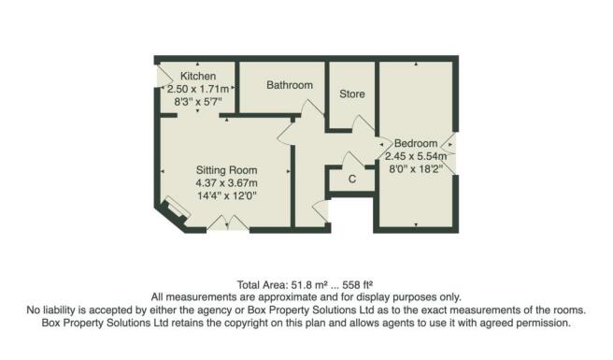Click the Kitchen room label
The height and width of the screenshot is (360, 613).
[x=198, y=76]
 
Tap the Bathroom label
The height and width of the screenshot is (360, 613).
[x=289, y=85]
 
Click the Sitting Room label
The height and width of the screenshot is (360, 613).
[x=225, y=169]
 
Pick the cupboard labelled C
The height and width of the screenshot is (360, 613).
[x=351, y=179]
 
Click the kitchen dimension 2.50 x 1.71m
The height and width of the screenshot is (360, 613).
[x=198, y=88]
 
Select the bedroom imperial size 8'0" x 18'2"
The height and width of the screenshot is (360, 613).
[x=417, y=169]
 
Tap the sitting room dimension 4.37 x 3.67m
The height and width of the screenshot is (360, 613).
[x=225, y=182]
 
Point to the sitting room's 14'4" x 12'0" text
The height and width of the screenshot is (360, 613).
[x=225, y=195]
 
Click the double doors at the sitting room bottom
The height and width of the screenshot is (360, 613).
[x=226, y=222]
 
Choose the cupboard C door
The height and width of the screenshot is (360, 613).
[x=351, y=158]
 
